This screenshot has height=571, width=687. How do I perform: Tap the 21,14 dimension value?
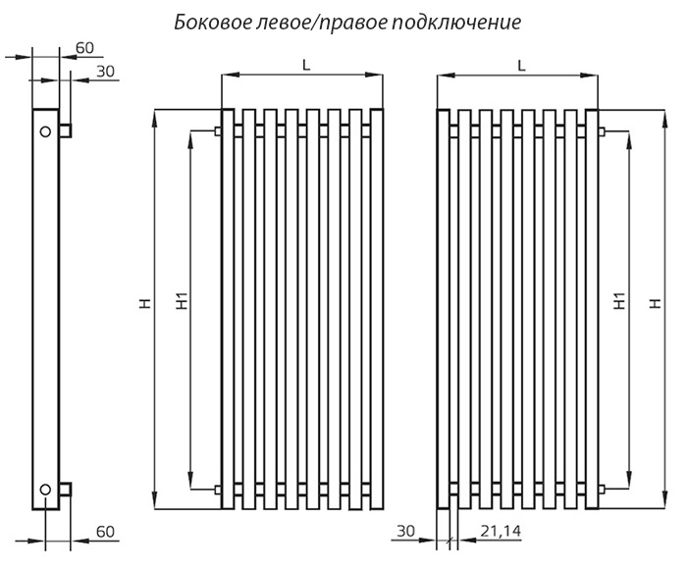tap(501, 531)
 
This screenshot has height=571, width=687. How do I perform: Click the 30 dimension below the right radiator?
tap(405, 531)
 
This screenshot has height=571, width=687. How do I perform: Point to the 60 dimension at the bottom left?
tap(105, 532)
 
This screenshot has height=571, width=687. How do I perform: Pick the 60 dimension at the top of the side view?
tap(84, 48)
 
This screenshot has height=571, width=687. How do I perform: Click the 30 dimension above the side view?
tap(105, 71)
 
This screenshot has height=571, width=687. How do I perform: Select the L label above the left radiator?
tap(306, 66)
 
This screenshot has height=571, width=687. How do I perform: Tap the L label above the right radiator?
tap(521, 66)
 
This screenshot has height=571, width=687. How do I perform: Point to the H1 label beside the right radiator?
tap(619, 301)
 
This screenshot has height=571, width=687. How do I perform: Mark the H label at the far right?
tap(655, 303)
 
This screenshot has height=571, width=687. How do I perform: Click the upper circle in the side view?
tap(45, 131)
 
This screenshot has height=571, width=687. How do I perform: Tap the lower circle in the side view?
tap(45, 490)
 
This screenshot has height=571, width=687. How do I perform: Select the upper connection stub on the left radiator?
tap(217, 130)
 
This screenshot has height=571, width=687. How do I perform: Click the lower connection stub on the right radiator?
tap(602, 489)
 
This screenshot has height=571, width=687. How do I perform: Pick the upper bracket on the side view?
tap(66, 130)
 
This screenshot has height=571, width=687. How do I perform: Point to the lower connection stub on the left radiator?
tap(217, 489)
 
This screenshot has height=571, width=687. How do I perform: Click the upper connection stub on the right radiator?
tap(602, 130)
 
